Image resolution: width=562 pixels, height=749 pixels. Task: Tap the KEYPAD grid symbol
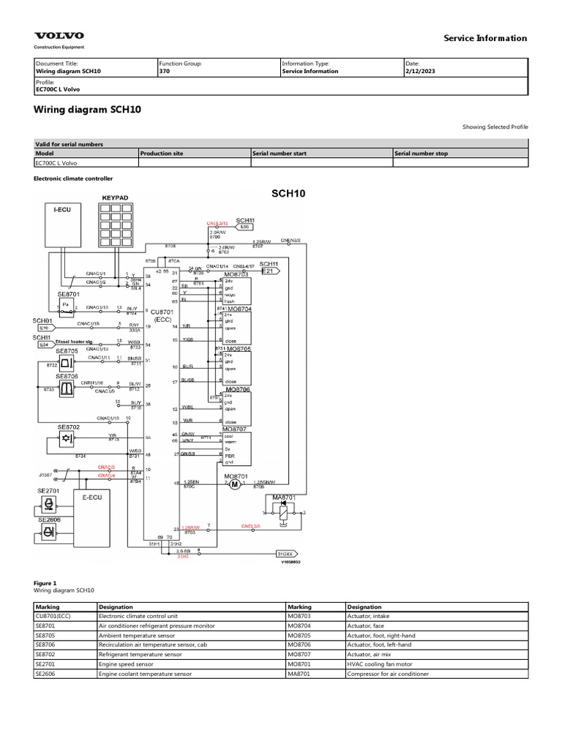click(116, 226)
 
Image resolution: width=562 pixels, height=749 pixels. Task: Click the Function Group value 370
click(164, 72)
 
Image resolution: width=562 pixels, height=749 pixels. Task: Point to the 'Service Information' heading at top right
click(485, 38)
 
